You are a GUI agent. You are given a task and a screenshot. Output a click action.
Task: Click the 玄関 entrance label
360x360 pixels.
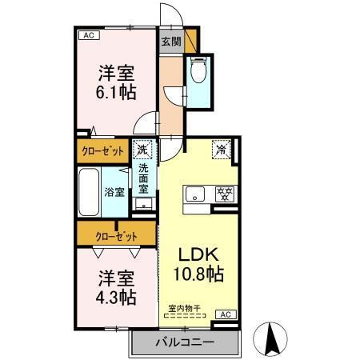coord(170,42)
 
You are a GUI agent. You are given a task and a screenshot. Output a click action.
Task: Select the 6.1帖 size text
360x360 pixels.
coord(116,91)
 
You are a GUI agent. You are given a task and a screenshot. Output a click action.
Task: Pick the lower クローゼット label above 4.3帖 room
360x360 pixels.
coord(116,236)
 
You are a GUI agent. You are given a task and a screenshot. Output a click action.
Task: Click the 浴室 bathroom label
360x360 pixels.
coord(114,192)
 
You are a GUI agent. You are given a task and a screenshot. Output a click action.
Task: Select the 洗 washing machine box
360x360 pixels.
coord(142,149)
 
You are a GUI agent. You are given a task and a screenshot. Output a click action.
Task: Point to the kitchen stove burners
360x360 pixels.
coord(226,193)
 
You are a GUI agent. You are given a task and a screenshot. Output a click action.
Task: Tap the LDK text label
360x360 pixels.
coord(198,254)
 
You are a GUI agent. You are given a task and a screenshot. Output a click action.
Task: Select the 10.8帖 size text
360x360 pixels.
coord(198,274)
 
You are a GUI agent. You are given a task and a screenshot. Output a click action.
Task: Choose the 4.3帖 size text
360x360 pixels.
coord(116,297)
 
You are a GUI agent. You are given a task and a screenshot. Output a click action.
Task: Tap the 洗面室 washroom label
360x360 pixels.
coord(143,180)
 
